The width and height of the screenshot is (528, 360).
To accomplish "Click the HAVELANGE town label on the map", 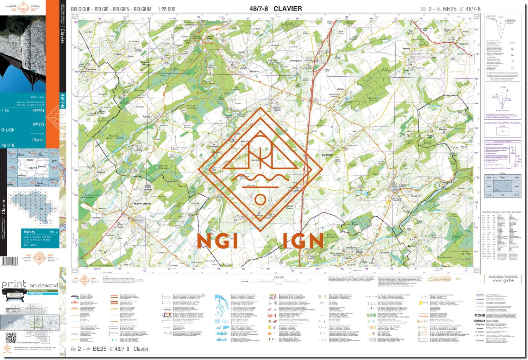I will point(142,204).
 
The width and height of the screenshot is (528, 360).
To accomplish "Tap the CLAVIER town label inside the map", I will point(327,155).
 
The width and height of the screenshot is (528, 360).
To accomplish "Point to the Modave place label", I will point(254,71).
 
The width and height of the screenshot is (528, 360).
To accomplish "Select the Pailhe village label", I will point(146,116).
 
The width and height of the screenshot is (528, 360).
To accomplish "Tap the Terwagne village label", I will point(296,61).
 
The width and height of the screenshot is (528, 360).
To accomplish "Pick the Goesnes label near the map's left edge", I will point(91,69).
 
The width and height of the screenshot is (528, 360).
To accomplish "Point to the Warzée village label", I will point(464,44).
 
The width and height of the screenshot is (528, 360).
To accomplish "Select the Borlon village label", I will point(411,246).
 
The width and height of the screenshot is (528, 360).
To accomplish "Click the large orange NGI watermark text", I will point(218,241).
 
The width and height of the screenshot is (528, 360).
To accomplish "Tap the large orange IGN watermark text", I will point(303,241).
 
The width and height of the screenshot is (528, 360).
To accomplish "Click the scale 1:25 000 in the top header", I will point(166,9).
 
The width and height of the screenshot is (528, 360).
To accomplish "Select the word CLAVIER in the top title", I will point(287,8).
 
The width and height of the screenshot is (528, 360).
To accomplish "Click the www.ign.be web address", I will point(503,280).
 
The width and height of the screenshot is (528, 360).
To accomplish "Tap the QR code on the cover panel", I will point(11,338).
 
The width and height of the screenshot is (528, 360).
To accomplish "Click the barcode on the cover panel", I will point(10,261).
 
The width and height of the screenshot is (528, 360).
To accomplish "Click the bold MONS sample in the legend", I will point(479,315).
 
